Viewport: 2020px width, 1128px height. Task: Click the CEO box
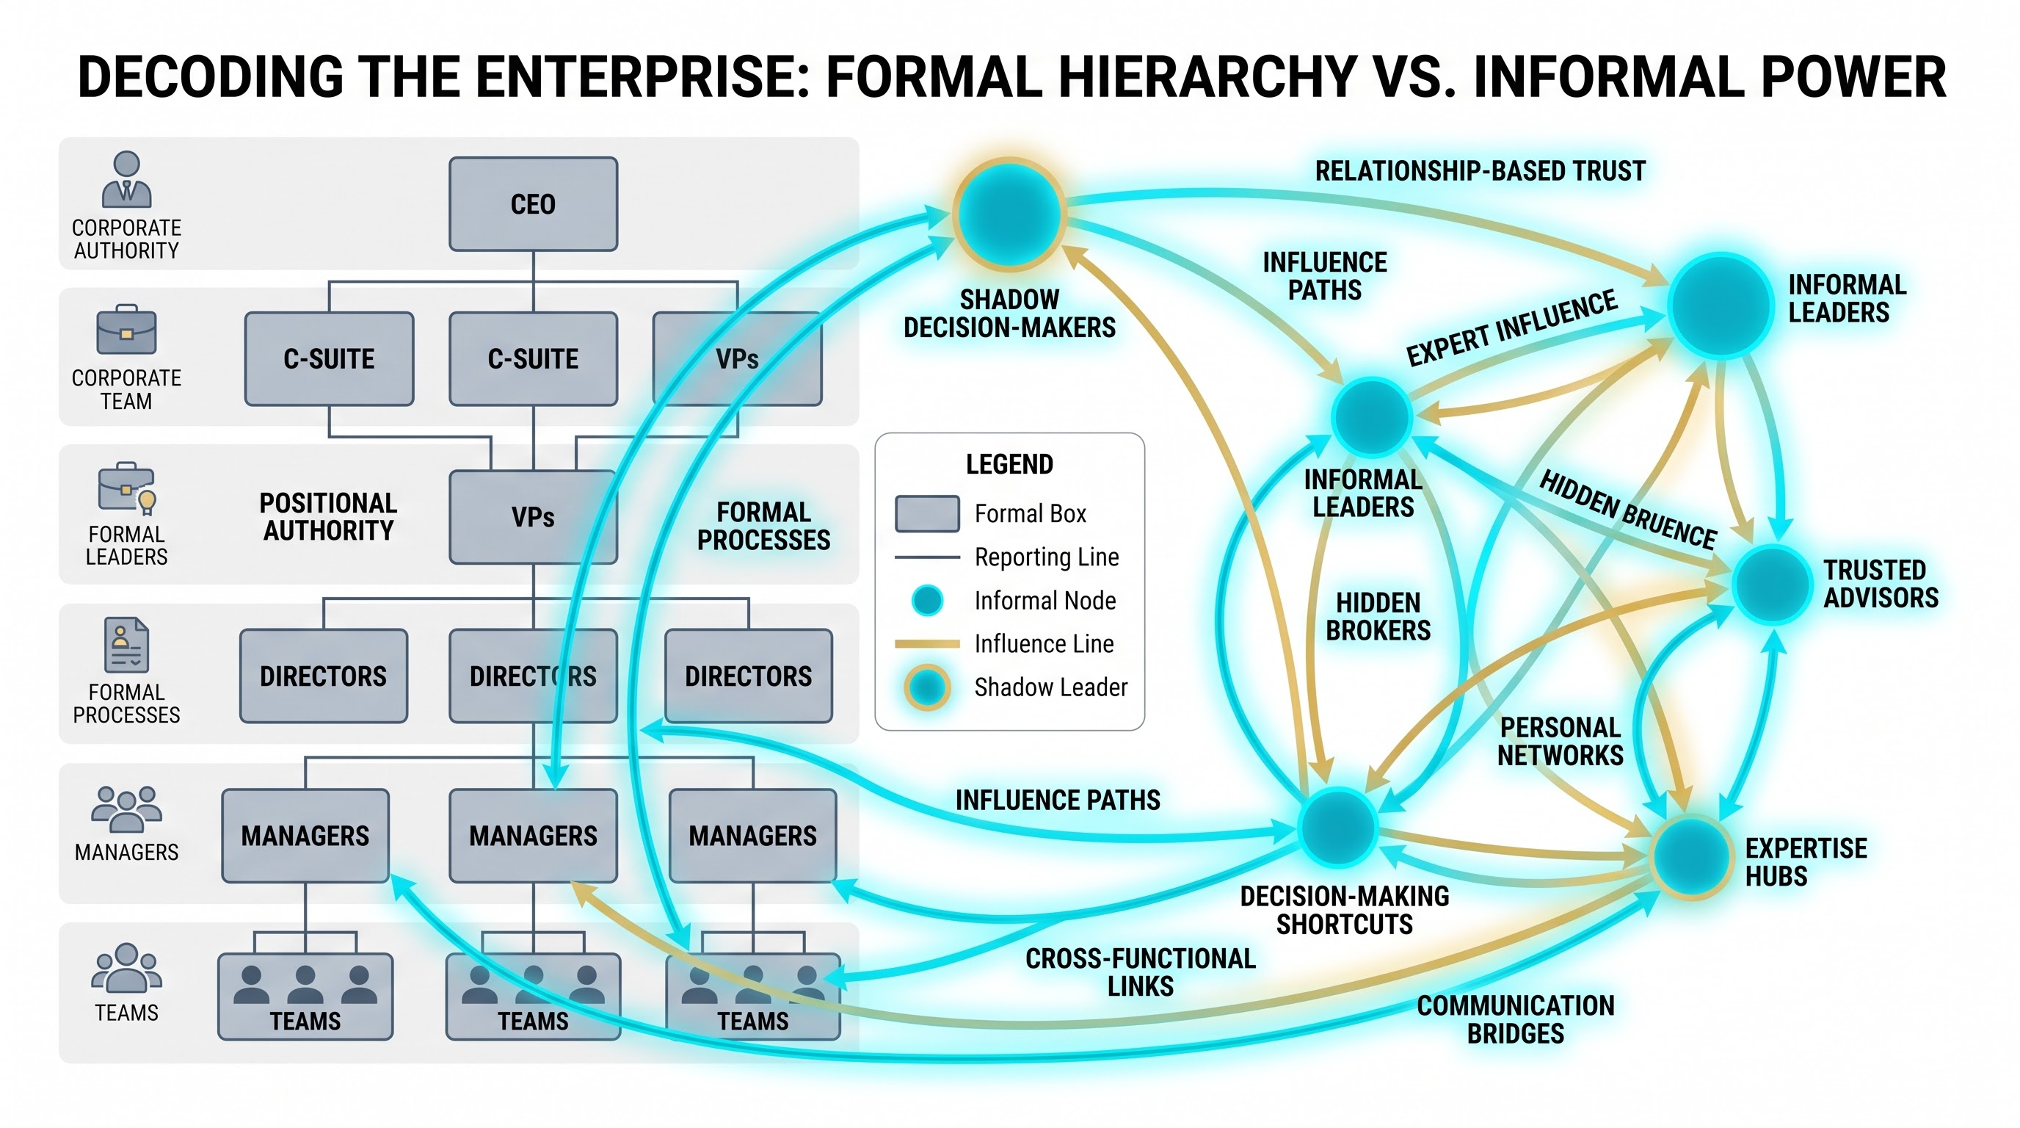tap(533, 204)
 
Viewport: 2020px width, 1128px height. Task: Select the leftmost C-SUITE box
tap(330, 358)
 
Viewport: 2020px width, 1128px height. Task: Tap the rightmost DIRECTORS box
tap(749, 676)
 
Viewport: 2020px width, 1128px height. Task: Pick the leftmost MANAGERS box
tap(305, 836)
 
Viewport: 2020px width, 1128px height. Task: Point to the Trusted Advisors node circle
tap(1772, 585)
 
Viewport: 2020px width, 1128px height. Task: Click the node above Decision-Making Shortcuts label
tap(1338, 827)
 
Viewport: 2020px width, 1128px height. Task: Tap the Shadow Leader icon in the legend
tap(928, 687)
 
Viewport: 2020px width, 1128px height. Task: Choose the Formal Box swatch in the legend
tap(928, 514)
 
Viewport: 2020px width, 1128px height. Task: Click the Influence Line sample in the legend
tap(928, 644)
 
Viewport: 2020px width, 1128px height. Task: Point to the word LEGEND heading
tap(1010, 464)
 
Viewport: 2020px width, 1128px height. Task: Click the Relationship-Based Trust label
tap(1481, 171)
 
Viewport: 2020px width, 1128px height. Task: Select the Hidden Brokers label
tap(1378, 617)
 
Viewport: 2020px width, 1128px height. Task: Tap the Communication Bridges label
tap(1516, 1020)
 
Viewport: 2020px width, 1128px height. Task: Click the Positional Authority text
tap(329, 517)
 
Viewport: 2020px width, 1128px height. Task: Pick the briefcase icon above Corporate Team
tap(126, 330)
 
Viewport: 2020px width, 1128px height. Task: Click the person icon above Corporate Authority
tap(126, 180)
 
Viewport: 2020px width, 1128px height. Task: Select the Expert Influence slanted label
tap(1512, 328)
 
